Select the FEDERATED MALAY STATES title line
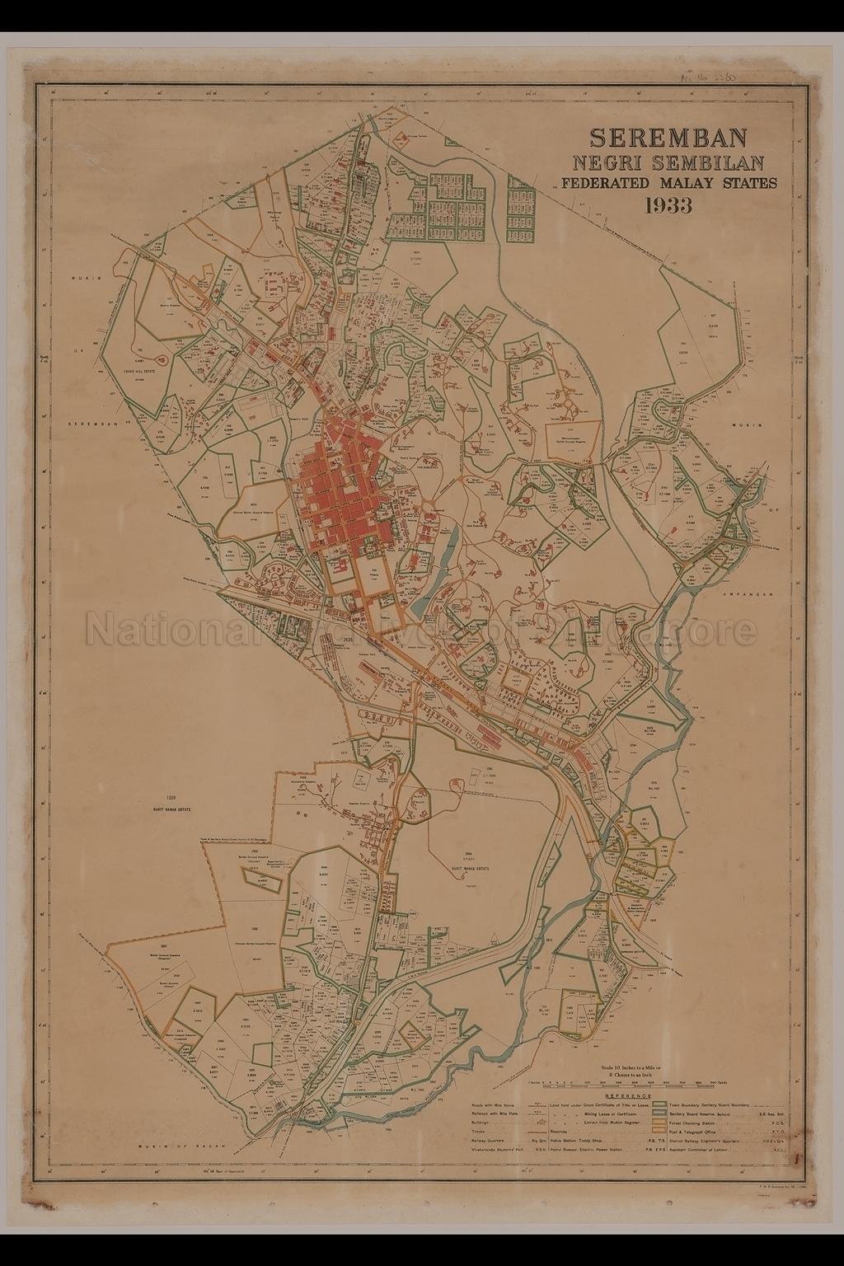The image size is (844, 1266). [668, 183]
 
